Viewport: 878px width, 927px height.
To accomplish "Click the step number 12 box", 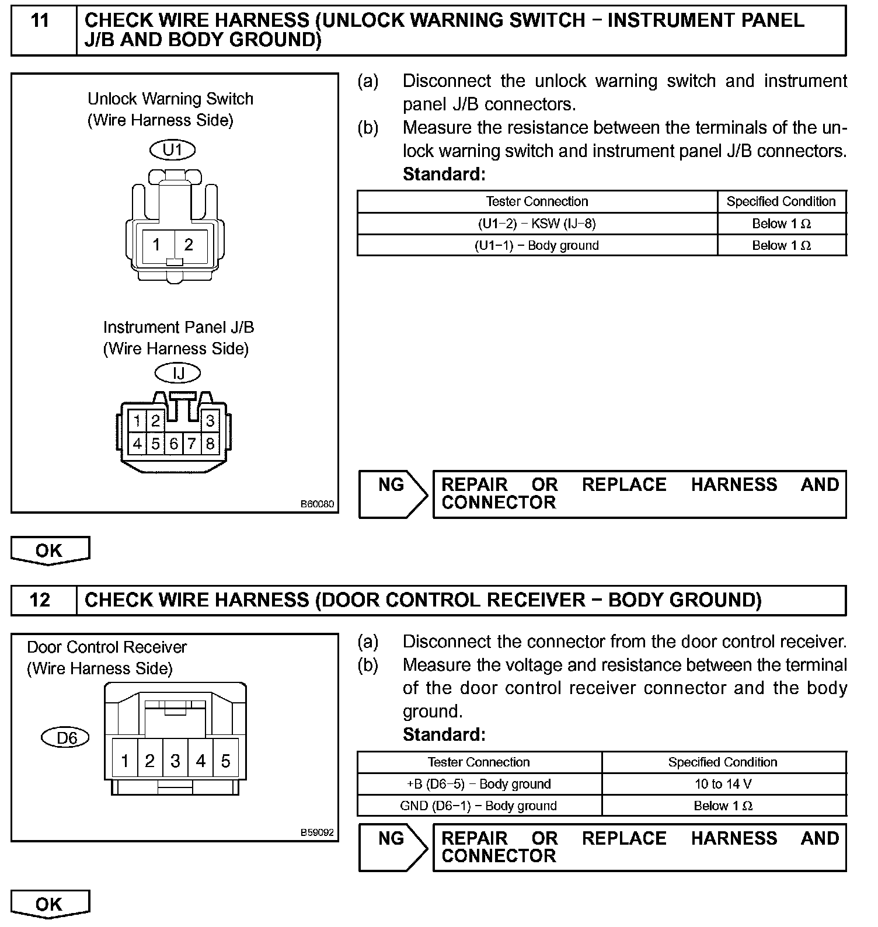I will tap(40, 600).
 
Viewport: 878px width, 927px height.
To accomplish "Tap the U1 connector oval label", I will tap(172, 150).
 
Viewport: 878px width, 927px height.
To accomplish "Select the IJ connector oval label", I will tap(177, 372).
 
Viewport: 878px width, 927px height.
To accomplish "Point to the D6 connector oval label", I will tap(66, 738).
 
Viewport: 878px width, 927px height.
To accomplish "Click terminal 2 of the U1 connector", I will tap(189, 245).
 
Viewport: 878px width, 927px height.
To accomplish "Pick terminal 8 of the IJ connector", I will tap(210, 444).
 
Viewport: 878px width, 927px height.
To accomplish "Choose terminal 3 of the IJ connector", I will tap(210, 420).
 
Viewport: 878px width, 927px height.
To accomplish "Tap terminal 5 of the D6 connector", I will tap(226, 761).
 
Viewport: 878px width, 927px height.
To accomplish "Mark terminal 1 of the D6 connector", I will tap(124, 761).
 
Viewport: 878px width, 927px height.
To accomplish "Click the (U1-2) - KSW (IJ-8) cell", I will tap(536, 224).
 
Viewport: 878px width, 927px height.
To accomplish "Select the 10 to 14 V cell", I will tap(723, 784).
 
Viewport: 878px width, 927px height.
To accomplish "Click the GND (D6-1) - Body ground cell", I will tap(478, 806).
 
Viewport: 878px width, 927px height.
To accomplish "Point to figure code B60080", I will tap(318, 504).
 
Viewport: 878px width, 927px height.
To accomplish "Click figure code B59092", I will tap(318, 832).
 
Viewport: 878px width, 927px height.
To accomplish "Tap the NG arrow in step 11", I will tap(393, 494).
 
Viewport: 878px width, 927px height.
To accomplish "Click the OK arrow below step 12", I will tap(50, 904).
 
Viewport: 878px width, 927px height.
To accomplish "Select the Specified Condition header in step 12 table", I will tap(723, 762).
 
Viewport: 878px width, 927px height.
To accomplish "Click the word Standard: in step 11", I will tap(444, 174).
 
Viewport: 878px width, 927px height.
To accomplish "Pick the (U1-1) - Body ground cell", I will tap(536, 245).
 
